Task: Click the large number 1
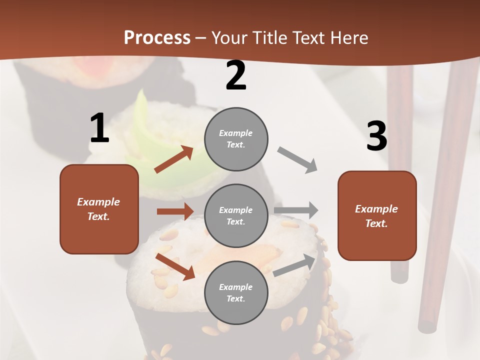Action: [x=99, y=128]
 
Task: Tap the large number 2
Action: [x=236, y=76]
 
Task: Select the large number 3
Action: [x=376, y=137]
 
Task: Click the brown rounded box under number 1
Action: [x=99, y=209]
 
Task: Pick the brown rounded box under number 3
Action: [x=377, y=215]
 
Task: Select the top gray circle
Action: [x=236, y=138]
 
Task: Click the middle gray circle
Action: [x=236, y=215]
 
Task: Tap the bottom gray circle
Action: [x=236, y=292]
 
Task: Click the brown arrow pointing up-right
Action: [x=174, y=159]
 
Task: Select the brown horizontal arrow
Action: [x=175, y=211]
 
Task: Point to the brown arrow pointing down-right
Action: [x=175, y=266]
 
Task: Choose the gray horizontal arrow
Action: [x=296, y=210]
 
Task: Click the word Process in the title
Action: [x=157, y=38]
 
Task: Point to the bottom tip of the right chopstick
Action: [x=427, y=327]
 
